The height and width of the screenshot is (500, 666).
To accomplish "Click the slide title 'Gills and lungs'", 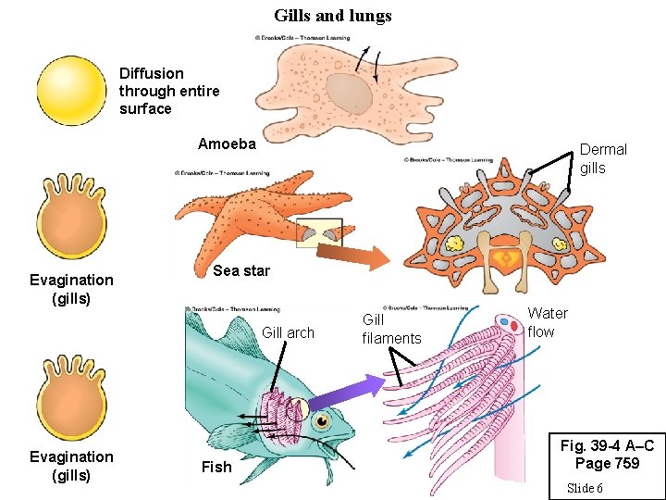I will coord(332,16).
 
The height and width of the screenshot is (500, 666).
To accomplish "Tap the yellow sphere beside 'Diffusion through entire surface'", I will coord(71,91).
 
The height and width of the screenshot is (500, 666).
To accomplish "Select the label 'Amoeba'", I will coord(227,144).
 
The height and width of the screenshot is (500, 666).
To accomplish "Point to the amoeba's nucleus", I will coord(349,92).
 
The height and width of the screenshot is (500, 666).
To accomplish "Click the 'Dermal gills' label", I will coord(603,158).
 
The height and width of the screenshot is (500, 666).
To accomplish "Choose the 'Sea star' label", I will coord(241,270).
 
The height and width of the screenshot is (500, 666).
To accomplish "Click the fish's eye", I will coord(322,422).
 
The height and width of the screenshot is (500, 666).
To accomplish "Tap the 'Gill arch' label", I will coord(288,332).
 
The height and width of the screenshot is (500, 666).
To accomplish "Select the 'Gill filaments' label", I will coord(391,329).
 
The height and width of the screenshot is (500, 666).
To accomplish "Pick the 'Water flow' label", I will coord(547,322).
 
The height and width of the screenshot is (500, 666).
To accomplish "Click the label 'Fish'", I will coord(216,467).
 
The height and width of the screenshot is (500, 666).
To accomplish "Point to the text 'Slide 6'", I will coord(585,488).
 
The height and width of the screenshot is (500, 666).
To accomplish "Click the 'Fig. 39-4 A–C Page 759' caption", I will coord(607,454).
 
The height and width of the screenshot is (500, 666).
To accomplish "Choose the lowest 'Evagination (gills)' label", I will coord(71,466).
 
